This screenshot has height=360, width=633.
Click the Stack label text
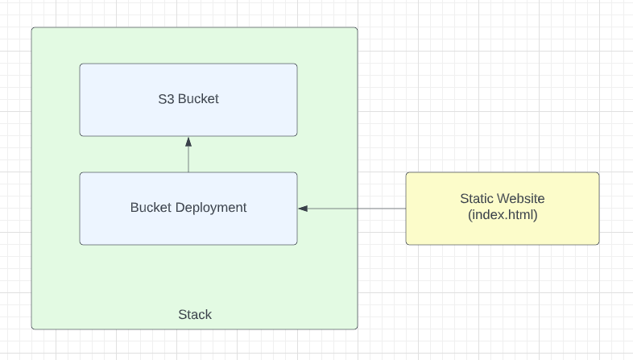coord(195,314)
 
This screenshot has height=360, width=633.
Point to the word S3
coord(166,99)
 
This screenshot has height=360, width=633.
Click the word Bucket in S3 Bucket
coord(198,99)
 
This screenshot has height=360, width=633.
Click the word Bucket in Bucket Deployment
coord(150,207)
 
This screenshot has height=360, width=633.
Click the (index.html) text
coord(502,215)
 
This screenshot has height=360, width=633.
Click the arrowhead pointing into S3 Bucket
coord(188,141)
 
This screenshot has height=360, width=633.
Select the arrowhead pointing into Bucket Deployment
coord(303,209)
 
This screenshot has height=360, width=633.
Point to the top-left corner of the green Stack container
coord(33,29)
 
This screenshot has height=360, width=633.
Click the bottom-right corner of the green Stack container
coord(356,328)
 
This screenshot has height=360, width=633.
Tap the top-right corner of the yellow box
coord(598,173)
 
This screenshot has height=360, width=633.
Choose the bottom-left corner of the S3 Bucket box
coord(81,134)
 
